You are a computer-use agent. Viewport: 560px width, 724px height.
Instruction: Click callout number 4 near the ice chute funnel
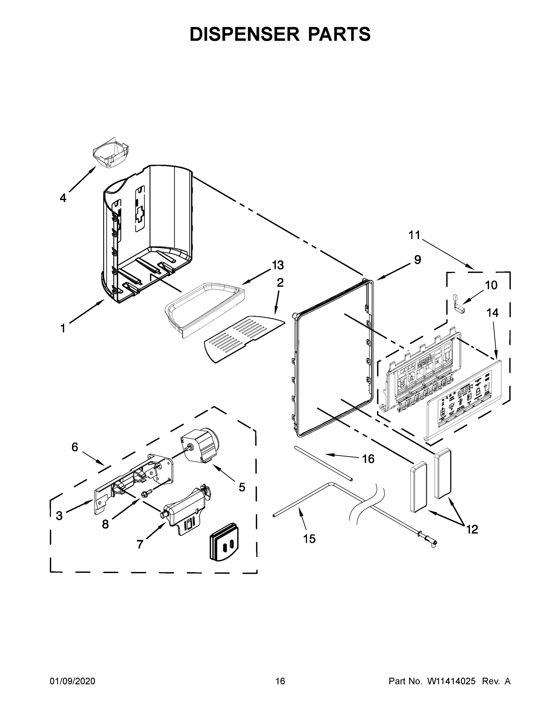63,198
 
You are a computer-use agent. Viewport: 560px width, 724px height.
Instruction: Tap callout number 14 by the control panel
493,313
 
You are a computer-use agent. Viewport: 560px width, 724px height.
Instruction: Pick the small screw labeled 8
146,503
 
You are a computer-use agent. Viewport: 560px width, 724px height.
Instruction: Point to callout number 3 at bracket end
59,516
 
